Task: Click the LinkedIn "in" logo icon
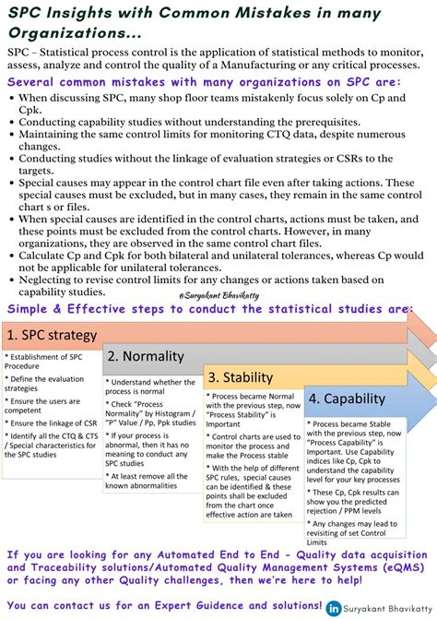332,609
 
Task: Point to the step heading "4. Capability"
346,399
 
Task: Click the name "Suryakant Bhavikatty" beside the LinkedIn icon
385,609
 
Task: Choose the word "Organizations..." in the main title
74,31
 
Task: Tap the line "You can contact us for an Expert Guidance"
161,603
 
